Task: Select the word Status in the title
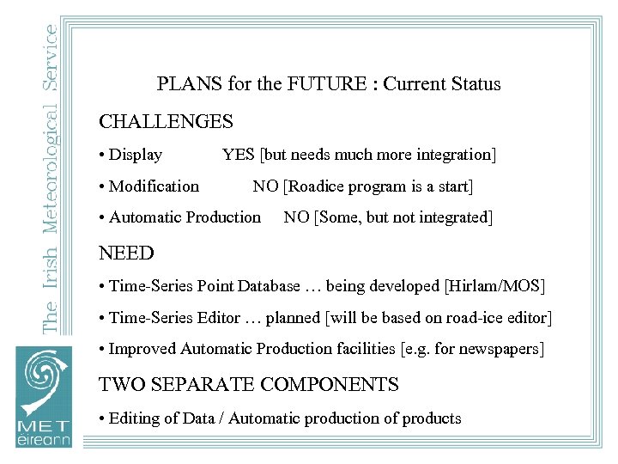pyautogui.click(x=475, y=84)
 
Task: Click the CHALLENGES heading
pyautogui.click(x=166, y=122)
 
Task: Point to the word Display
pyautogui.click(x=136, y=155)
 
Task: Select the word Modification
pyautogui.click(x=154, y=186)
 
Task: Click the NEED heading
pyautogui.click(x=126, y=253)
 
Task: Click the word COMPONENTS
pyautogui.click(x=334, y=385)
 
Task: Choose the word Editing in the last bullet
pyautogui.click(x=135, y=418)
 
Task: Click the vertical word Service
pyautogui.click(x=51, y=55)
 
